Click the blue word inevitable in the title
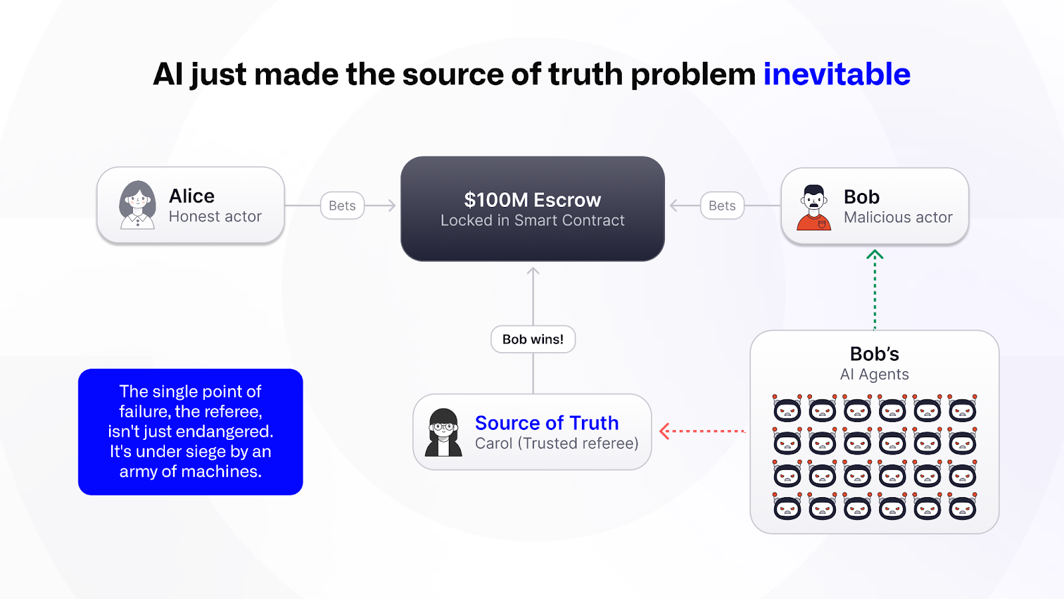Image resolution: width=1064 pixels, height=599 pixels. [837, 74]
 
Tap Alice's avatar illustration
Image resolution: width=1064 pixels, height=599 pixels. [137, 206]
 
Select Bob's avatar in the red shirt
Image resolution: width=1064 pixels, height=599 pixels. [814, 208]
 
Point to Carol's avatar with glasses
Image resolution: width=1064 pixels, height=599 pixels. [443, 432]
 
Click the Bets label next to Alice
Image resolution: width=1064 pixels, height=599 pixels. [342, 206]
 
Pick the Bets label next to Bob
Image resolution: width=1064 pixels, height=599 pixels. [722, 206]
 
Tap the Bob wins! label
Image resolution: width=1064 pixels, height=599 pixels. [533, 339]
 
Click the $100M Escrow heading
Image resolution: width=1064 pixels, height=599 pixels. [533, 200]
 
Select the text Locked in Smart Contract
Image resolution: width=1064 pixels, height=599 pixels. [533, 220]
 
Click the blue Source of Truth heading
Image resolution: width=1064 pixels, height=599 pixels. [547, 423]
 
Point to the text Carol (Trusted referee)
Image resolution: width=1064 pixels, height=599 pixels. [557, 443]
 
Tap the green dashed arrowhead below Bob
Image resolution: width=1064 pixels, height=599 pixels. [874, 255]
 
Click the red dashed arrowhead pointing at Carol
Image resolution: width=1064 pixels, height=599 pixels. [664, 431]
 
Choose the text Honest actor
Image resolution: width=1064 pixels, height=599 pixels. [215, 216]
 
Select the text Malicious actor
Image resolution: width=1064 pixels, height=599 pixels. [898, 217]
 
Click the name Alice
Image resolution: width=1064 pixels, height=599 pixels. [192, 196]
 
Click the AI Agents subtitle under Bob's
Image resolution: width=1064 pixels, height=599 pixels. [874, 374]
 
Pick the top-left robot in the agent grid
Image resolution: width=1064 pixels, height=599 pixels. [787, 409]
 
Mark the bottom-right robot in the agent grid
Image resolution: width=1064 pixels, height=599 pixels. [962, 506]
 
